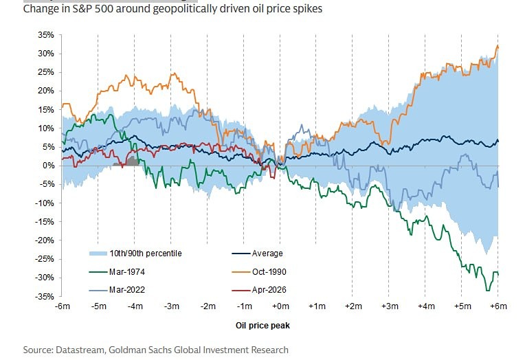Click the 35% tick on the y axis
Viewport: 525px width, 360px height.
pyautogui.click(x=46, y=34)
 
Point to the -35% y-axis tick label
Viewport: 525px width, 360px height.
pyautogui.click(x=45, y=296)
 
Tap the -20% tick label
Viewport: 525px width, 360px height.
pyautogui.click(x=45, y=240)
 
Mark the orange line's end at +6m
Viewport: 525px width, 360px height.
pyautogui.click(x=498, y=46)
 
